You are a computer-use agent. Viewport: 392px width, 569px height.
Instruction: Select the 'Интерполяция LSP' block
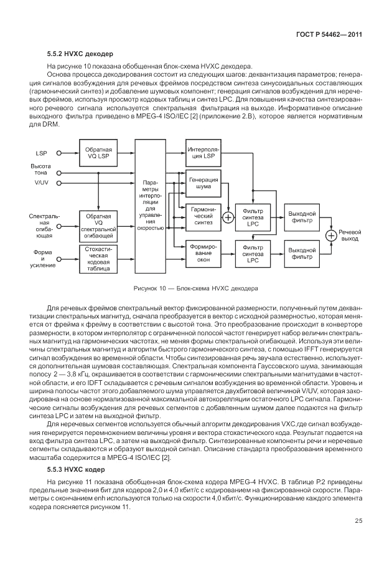203,153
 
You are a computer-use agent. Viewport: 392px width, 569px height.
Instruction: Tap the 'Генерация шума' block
203,183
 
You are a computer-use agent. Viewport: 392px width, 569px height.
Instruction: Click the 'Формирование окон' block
203,254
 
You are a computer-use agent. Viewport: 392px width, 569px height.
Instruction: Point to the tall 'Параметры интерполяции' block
152,206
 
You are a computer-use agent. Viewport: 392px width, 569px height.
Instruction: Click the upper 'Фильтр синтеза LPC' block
253,217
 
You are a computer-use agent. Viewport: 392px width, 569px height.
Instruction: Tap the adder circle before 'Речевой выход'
332,235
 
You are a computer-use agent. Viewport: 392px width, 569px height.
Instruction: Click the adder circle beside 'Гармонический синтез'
228,218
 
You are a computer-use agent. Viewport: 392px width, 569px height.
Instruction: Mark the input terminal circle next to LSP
59,153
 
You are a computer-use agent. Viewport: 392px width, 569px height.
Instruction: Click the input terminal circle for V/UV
59,183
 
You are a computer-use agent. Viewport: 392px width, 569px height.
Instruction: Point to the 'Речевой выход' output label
350,235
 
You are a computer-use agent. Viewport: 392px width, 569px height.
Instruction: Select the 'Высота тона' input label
41,169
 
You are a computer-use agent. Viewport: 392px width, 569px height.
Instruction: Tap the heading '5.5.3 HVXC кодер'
72,467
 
